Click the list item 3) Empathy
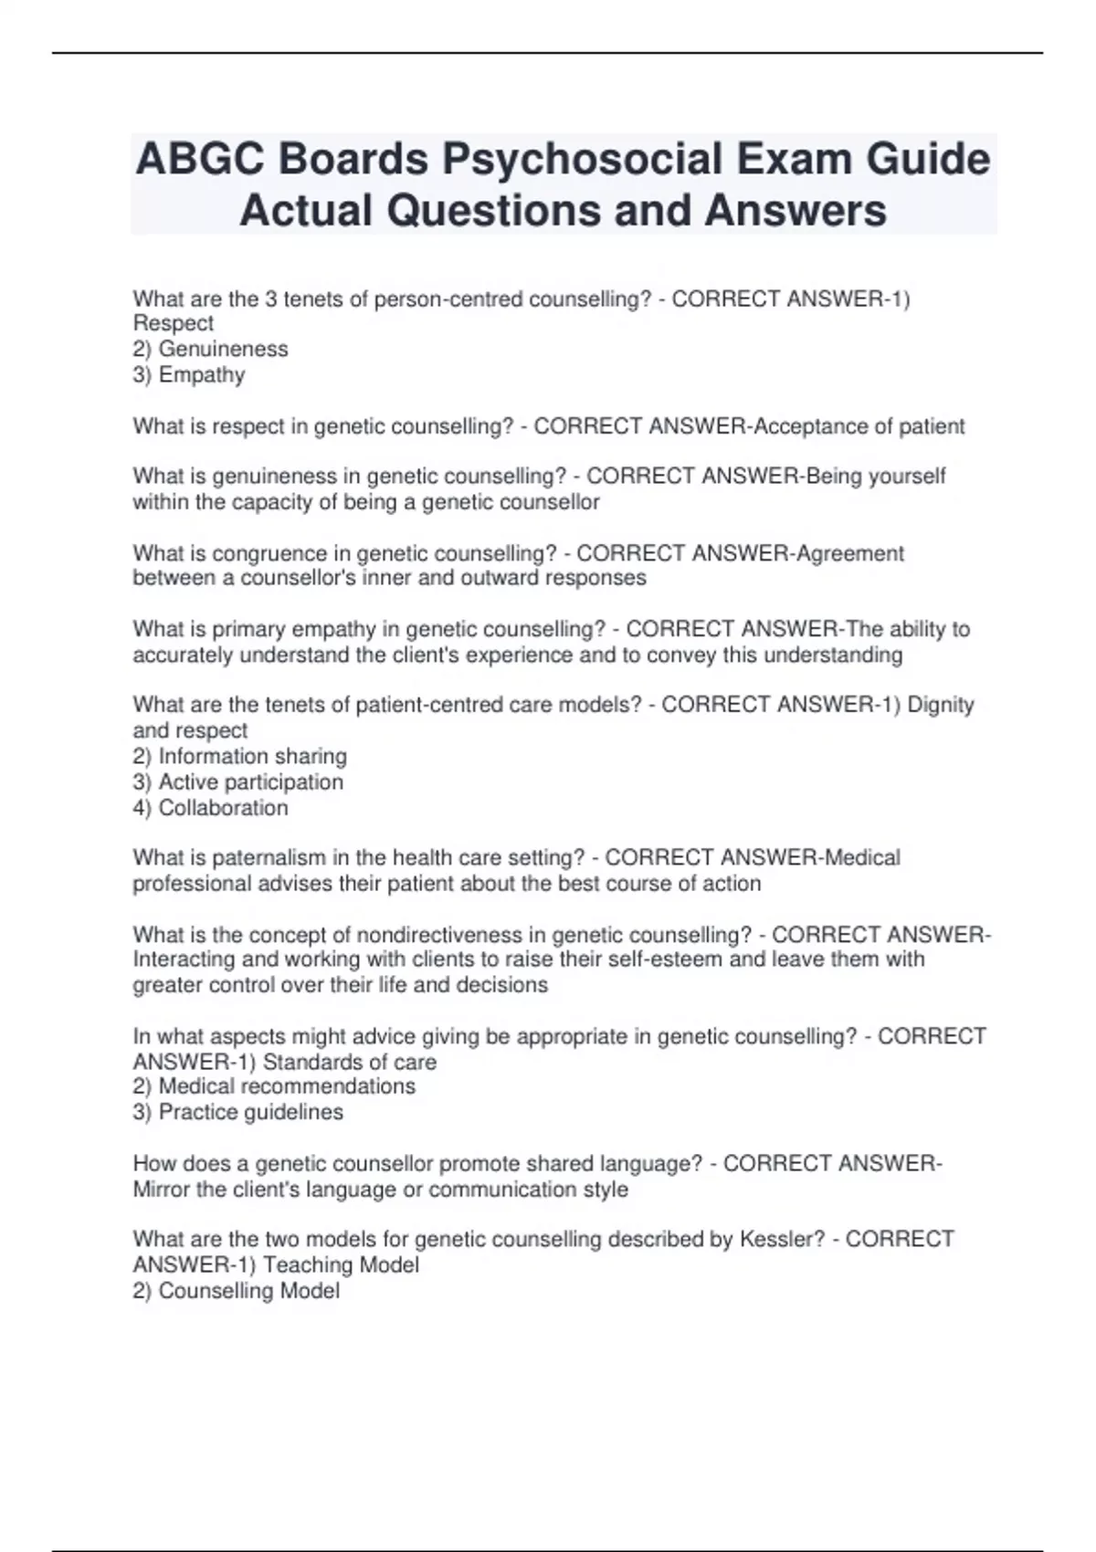[189, 374]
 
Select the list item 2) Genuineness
[210, 349]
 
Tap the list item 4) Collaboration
[210, 808]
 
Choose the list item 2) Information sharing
[239, 756]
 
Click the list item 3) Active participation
[237, 782]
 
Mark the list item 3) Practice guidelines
[237, 1112]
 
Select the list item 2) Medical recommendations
[274, 1086]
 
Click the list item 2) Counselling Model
[236, 1291]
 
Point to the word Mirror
[162, 1190]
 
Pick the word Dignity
[940, 705]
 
